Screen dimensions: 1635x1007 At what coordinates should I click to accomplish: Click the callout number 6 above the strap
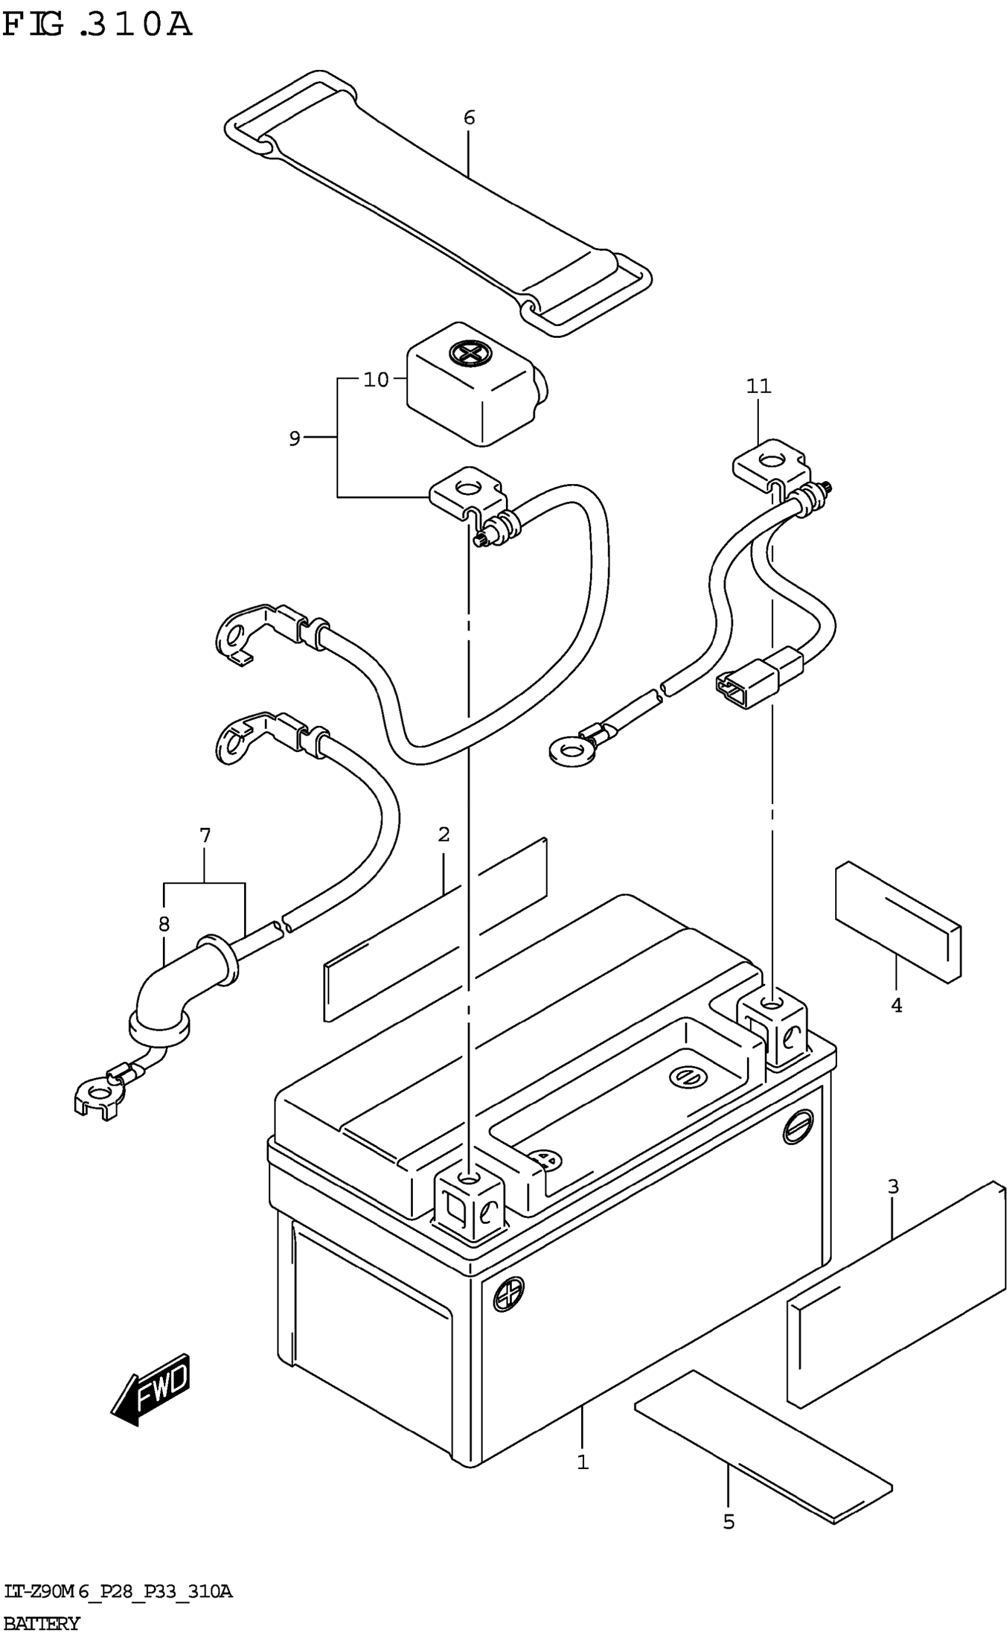(469, 118)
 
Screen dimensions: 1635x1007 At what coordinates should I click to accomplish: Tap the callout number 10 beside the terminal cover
(376, 380)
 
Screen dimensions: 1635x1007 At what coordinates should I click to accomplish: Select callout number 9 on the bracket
(294, 439)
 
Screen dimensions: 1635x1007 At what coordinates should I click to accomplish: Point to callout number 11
(759, 386)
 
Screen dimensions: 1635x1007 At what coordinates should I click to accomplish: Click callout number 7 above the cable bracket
(204, 835)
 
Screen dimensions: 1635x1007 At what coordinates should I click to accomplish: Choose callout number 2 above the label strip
(444, 834)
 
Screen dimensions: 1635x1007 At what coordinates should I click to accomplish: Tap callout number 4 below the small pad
(896, 1006)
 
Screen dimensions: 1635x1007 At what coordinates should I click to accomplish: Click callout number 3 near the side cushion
(893, 1186)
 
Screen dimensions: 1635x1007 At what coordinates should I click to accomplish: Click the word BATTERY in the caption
(41, 1623)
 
